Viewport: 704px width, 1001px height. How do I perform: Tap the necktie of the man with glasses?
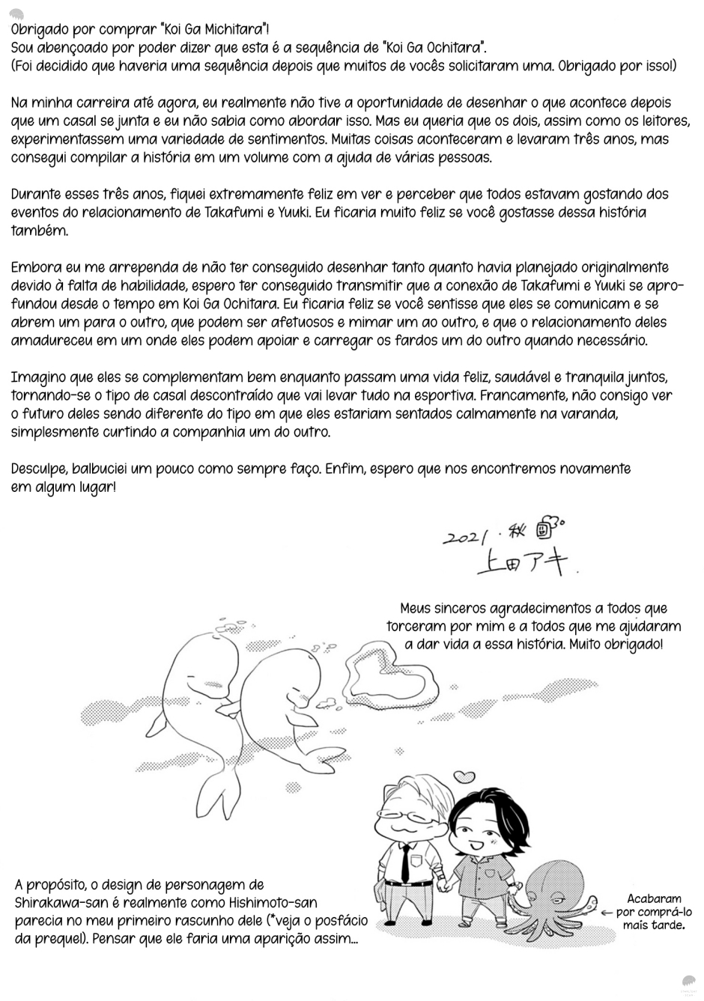404,860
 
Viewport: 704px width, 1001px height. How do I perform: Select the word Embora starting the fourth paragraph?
35,267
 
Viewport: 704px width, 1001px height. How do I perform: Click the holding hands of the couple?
446,886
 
